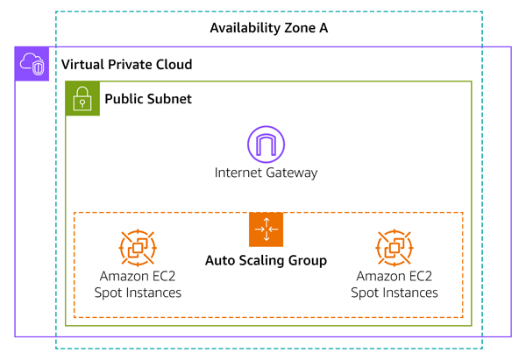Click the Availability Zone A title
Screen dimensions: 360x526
(x=268, y=28)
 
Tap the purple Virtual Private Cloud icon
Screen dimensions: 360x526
(x=32, y=64)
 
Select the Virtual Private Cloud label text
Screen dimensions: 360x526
(x=126, y=66)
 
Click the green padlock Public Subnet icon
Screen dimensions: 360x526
(x=82, y=98)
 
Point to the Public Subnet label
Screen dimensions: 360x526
(x=148, y=99)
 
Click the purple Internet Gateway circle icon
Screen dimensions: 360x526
(x=266, y=144)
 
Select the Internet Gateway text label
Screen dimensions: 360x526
(x=266, y=173)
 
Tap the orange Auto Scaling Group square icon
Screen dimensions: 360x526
(x=266, y=229)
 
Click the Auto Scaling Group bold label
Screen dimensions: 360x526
(x=266, y=260)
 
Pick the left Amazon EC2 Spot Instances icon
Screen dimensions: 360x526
(x=138, y=248)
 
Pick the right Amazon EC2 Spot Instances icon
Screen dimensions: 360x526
(x=394, y=248)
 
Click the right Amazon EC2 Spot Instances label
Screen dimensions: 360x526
(x=394, y=285)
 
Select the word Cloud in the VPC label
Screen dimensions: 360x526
(x=173, y=66)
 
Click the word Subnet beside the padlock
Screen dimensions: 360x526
(x=170, y=99)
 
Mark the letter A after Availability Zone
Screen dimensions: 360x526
(x=323, y=28)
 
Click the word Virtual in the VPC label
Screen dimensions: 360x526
(x=81, y=66)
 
